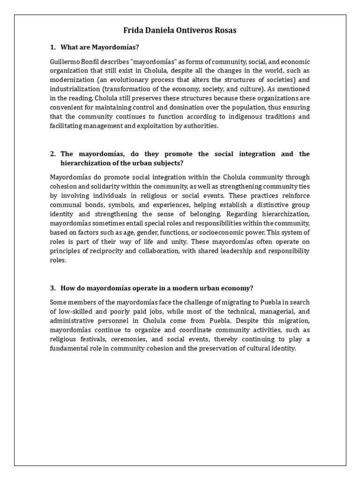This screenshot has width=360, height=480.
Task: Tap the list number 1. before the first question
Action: pyautogui.click(x=53, y=47)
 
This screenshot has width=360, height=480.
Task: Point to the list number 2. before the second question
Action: pyautogui.click(x=53, y=154)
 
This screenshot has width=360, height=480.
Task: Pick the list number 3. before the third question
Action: pyautogui.click(x=53, y=288)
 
